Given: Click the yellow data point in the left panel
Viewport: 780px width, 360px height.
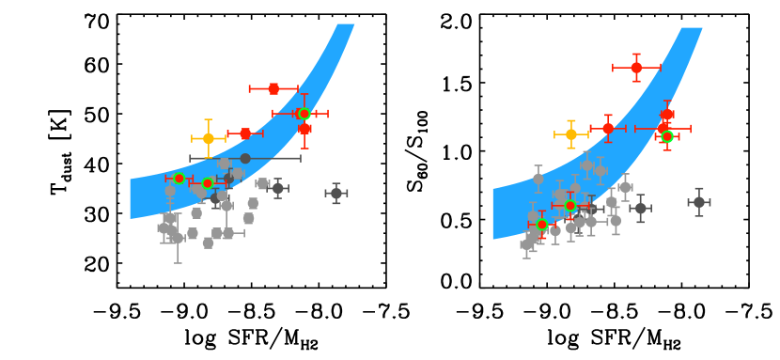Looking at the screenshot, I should (x=208, y=138).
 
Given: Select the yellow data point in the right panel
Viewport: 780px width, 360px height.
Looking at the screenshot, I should (x=570, y=134).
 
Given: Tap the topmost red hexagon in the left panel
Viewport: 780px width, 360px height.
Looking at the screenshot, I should (x=273, y=88).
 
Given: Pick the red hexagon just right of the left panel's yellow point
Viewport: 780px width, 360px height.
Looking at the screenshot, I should (x=245, y=133).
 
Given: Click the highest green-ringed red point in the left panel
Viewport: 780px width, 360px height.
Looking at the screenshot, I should (x=304, y=114).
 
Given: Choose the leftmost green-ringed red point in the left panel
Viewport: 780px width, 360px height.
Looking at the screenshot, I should (x=179, y=178).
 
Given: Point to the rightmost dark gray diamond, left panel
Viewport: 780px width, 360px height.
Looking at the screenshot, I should (x=335, y=193).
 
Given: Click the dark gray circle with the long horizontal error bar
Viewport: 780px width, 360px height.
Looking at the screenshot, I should (x=245, y=158).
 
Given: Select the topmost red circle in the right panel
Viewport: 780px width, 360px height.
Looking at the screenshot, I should (x=636, y=68).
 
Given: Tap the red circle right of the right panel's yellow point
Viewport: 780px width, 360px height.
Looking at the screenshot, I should (x=608, y=128).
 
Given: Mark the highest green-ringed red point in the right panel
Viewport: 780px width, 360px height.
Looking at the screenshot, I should (x=666, y=136).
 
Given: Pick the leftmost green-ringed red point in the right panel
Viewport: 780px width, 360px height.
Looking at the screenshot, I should (x=541, y=225).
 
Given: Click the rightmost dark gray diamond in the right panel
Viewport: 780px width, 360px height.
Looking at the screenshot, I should (x=698, y=202).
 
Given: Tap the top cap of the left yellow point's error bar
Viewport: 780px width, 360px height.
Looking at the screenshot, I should (x=208, y=119).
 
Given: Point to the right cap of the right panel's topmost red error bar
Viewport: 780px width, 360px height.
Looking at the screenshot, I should (x=660, y=68).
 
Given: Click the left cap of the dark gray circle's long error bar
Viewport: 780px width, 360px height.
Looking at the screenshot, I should (x=191, y=158).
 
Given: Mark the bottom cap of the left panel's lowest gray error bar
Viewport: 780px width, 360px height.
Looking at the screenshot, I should (x=178, y=263).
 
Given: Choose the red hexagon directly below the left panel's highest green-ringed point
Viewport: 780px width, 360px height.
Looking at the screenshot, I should (x=304, y=129).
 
